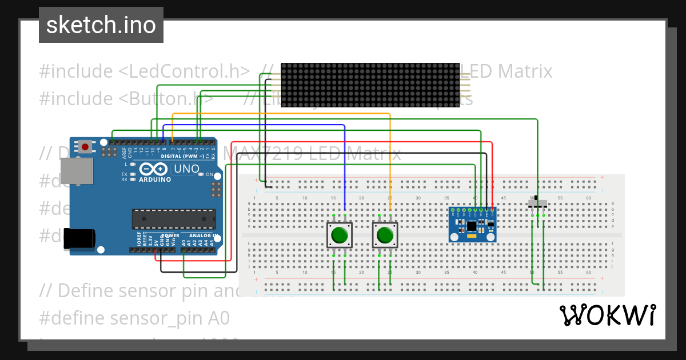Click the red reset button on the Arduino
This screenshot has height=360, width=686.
coord(85,147)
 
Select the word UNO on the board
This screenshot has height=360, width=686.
coord(186,169)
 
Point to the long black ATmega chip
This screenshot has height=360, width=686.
coord(174,219)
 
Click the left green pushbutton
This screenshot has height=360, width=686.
coord(340,235)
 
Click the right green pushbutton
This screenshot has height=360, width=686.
coord(385,235)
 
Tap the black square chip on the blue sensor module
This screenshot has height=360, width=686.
coord(472,225)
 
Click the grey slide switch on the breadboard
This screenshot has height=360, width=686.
coord(537,203)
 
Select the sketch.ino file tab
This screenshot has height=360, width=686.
coord(101,25)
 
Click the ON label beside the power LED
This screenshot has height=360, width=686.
coord(209,174)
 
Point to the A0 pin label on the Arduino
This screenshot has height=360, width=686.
coord(184,242)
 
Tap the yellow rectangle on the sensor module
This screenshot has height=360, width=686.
coord(472,235)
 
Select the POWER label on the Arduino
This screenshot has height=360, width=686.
coord(170,235)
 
